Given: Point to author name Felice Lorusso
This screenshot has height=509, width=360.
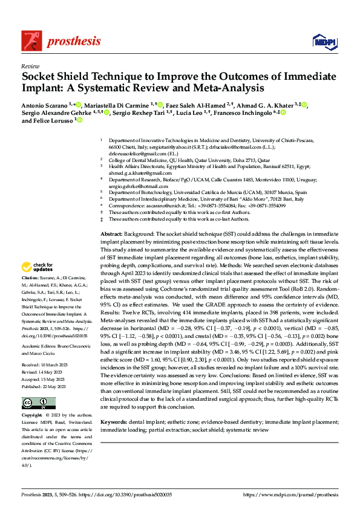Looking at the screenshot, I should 48,120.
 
